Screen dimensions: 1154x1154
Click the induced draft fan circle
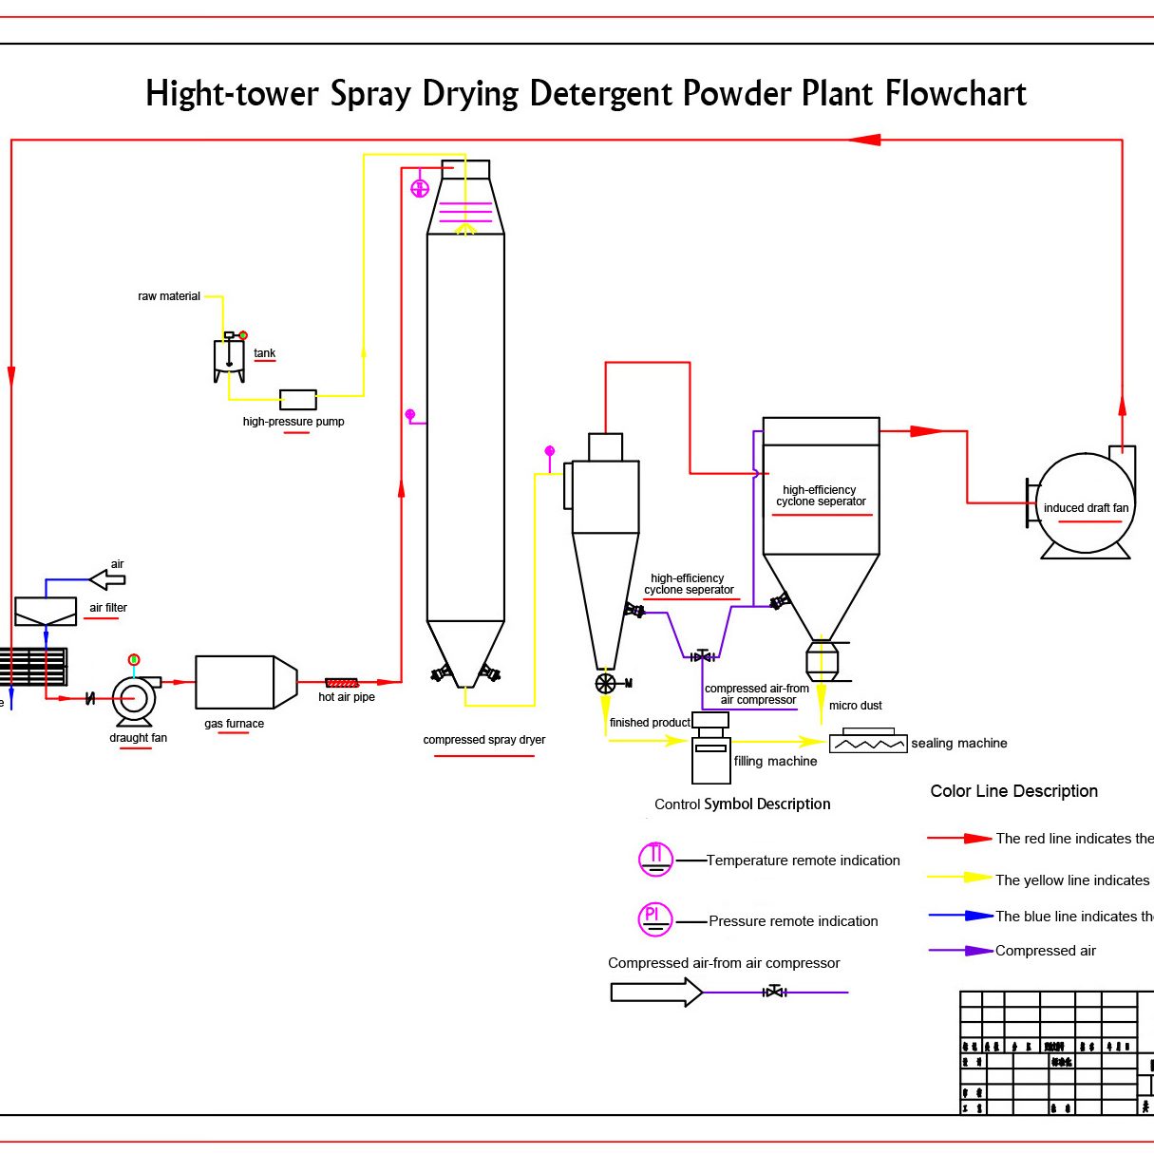point(1085,503)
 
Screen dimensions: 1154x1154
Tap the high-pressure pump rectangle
point(297,399)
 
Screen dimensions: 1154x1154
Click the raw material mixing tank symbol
point(229,359)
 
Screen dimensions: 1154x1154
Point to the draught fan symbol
point(134,699)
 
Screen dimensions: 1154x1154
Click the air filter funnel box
point(46,611)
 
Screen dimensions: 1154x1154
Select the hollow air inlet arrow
point(106,578)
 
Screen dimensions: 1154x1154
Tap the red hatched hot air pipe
point(342,683)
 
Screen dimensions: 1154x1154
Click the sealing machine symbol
point(868,743)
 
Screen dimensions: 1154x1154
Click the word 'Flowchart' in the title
point(955,94)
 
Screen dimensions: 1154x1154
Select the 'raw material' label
point(169,296)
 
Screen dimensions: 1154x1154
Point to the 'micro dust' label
point(856,706)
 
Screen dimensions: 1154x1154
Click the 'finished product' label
point(650,723)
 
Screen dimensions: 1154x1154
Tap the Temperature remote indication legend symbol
point(655,859)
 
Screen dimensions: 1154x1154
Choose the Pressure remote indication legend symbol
point(655,918)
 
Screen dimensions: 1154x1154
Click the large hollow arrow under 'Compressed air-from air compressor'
point(656,993)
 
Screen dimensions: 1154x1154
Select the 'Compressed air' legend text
point(1045,951)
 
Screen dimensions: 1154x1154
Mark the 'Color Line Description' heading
point(1013,791)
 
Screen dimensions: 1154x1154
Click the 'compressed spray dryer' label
point(483,740)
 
